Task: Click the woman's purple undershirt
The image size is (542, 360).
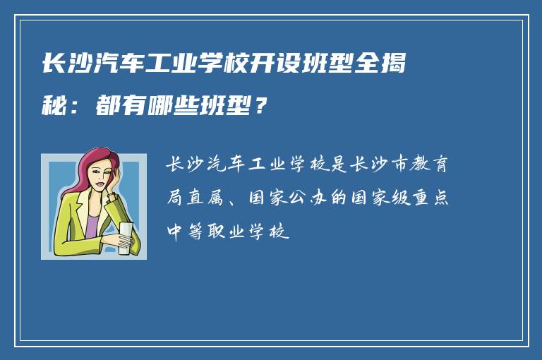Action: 92,227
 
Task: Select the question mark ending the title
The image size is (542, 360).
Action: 261,107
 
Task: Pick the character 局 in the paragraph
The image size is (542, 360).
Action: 174,198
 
